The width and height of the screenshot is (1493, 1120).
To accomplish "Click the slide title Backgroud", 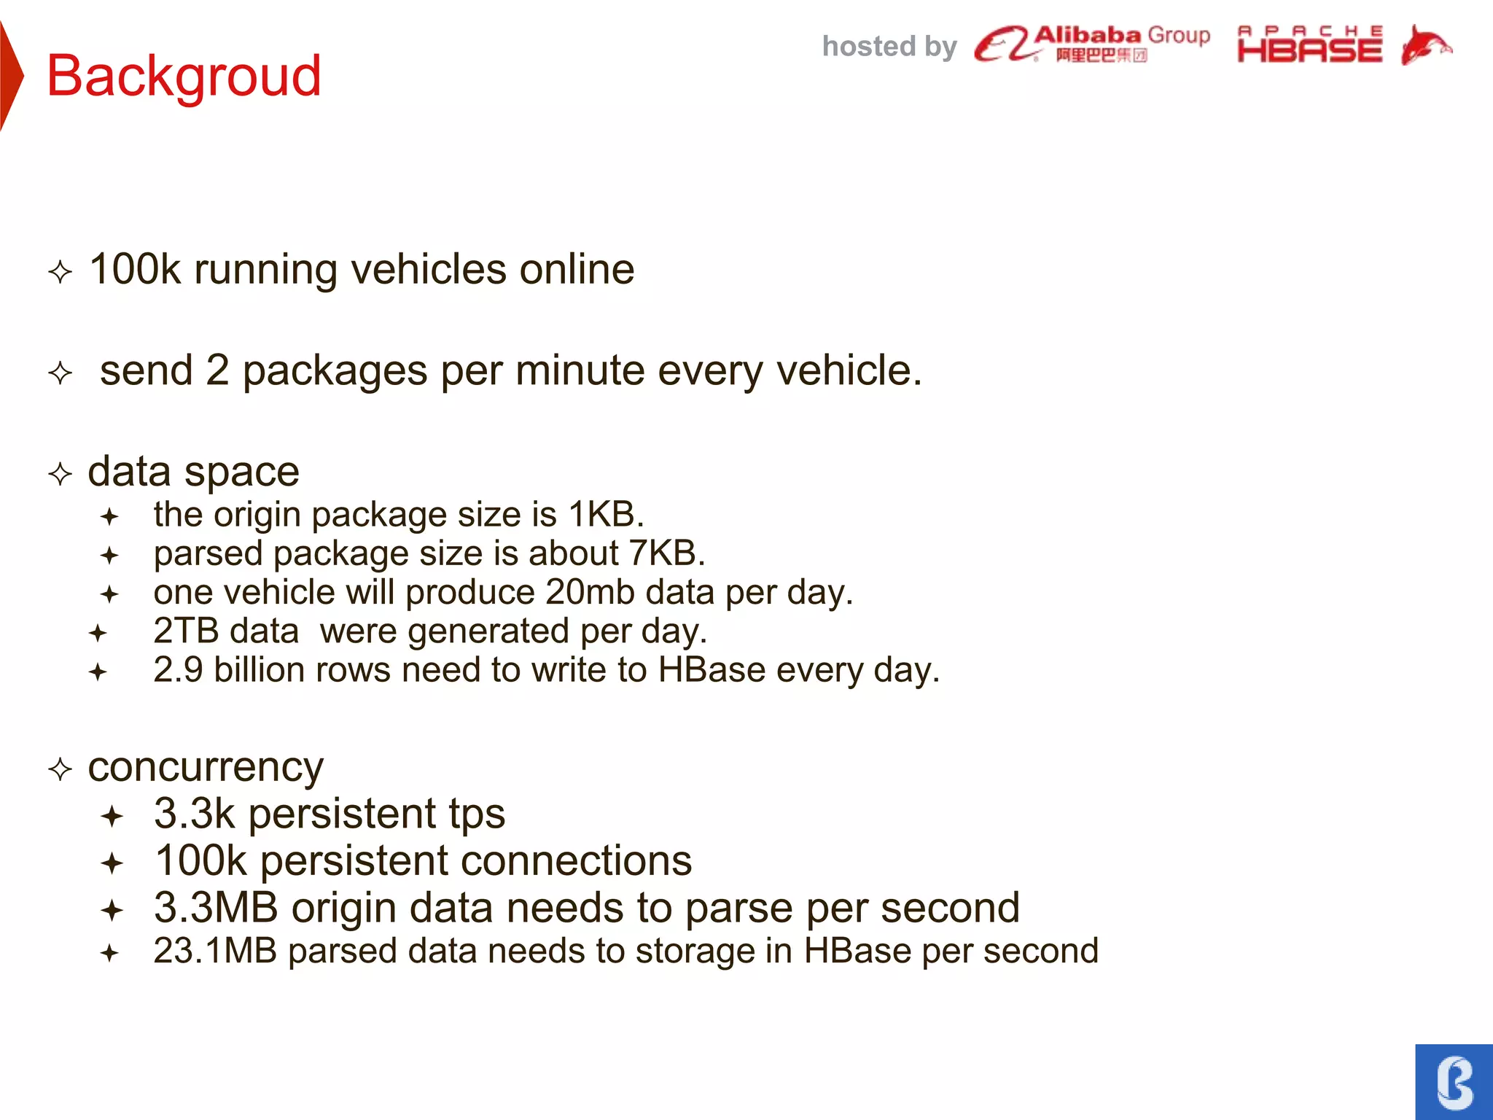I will [x=184, y=76].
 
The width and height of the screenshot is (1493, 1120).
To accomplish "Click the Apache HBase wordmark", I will [x=1309, y=45].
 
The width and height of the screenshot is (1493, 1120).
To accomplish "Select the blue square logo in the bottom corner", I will [x=1454, y=1082].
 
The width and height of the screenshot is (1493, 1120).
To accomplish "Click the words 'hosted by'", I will [x=889, y=47].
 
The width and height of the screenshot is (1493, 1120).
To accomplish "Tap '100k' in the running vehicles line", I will [x=135, y=269].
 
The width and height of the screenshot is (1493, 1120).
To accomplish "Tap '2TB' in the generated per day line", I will [x=186, y=631].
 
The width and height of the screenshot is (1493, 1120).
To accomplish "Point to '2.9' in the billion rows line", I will [x=178, y=670].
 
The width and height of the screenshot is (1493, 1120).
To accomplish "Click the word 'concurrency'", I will [x=206, y=767].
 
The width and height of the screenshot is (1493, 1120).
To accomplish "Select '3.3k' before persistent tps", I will [x=195, y=814].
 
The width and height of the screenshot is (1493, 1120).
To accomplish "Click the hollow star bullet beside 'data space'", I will [x=61, y=475].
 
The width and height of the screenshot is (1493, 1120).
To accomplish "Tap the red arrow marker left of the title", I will [x=11, y=76].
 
